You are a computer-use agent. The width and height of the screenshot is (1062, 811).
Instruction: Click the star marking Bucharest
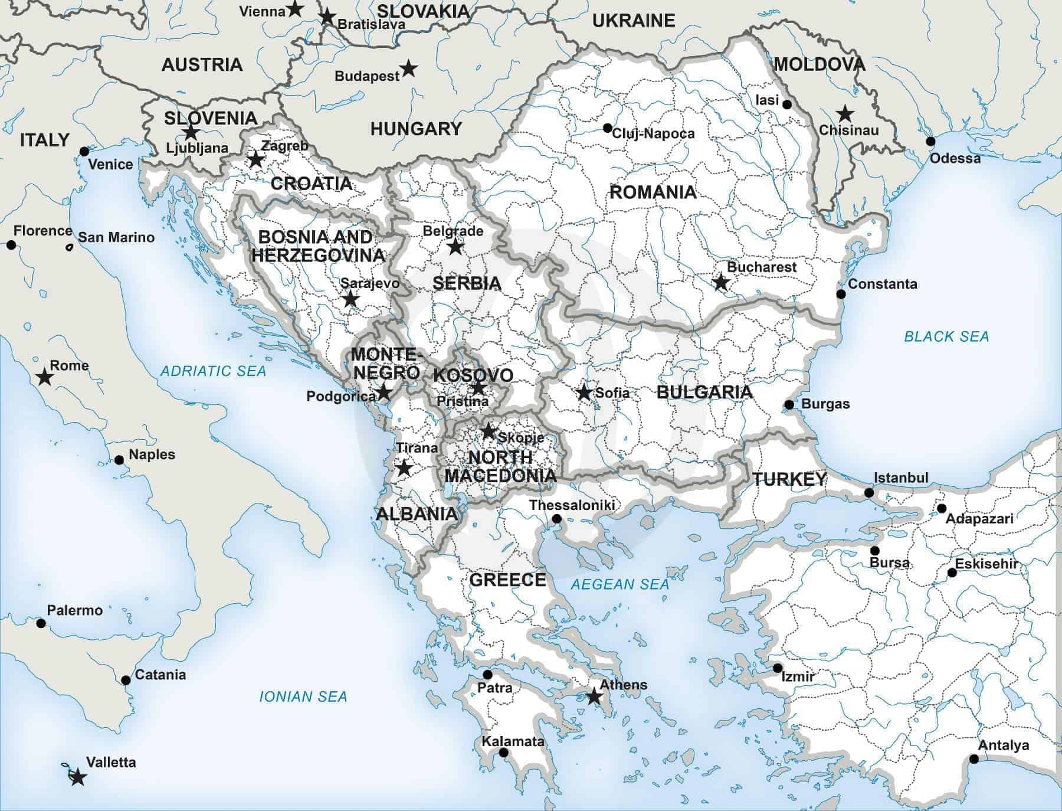tap(720, 282)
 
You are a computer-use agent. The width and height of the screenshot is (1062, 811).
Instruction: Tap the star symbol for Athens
tap(594, 697)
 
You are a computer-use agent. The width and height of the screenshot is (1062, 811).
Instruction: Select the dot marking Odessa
tap(930, 141)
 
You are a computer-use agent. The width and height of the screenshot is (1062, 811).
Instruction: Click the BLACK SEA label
tap(946, 336)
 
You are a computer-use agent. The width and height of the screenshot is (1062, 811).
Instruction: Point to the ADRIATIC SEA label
tap(214, 371)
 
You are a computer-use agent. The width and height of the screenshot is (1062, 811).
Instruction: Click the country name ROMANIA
tap(653, 192)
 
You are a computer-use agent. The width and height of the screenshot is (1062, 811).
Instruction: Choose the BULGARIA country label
tap(704, 392)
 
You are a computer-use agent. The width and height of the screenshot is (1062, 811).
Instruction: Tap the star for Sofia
tap(584, 392)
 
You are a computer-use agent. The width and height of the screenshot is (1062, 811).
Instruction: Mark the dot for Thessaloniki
tap(556, 519)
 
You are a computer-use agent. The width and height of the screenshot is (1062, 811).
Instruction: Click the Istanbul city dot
tap(869, 492)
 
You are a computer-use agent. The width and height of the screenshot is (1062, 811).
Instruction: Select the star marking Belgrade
tap(455, 246)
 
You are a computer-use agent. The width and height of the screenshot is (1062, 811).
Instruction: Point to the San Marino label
tap(116, 237)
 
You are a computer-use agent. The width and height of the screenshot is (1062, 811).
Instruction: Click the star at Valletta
tap(77, 777)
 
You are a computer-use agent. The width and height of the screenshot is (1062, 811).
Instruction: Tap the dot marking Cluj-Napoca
tap(607, 128)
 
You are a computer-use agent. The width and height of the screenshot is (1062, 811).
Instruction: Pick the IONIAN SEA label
tap(303, 696)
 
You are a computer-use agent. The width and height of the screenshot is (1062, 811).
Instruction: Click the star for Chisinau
tap(845, 113)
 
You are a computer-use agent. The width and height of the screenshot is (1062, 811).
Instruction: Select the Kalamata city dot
tap(503, 753)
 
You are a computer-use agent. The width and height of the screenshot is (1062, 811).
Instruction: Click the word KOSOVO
tap(473, 375)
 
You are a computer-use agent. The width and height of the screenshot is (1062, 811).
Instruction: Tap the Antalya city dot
tap(974, 759)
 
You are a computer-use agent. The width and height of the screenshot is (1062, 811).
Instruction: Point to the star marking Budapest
tap(408, 68)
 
